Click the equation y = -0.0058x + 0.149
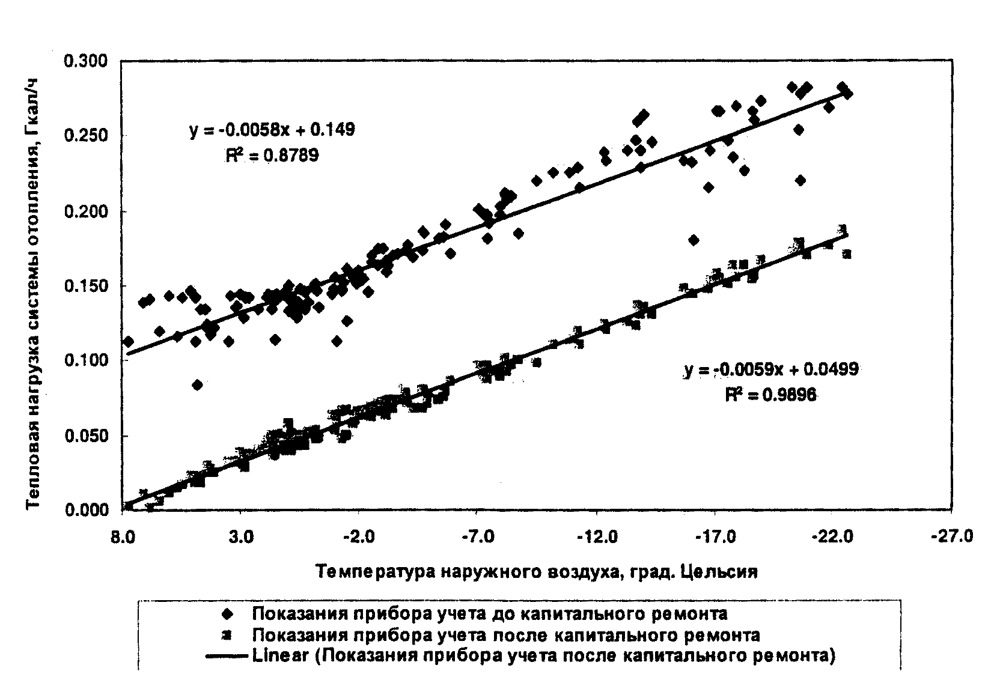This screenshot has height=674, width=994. pos(272,130)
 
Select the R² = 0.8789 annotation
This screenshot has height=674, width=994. pos(272,156)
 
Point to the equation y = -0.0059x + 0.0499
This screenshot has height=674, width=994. pos(771,370)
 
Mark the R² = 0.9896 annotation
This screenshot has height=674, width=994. pos(771,395)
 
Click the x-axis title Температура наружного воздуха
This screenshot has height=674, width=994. pos(537,571)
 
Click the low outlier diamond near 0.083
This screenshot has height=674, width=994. pos(197,385)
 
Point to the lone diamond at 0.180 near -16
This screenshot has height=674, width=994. pos(694,240)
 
